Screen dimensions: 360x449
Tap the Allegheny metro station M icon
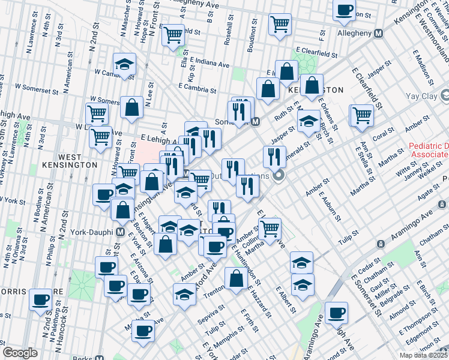pyautogui.click(x=378, y=34)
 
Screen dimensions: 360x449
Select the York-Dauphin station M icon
pyautogui.click(x=120, y=232)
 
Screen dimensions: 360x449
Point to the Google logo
pyautogui.click(x=20, y=353)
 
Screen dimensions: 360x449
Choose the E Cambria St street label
pyautogui.click(x=197, y=88)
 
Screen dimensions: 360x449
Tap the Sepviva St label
pyautogui.click(x=212, y=312)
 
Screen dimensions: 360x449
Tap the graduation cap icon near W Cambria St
pyautogui.click(x=125, y=64)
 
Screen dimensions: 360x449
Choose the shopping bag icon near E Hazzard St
pyautogui.click(x=236, y=277)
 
